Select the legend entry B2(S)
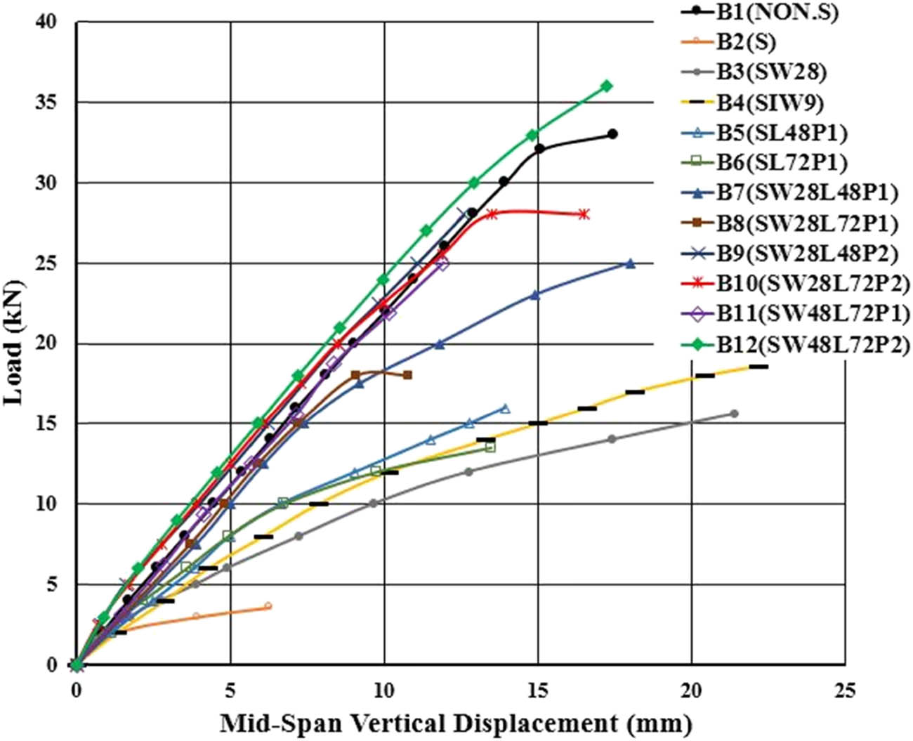tap(746, 42)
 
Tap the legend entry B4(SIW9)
tap(770, 103)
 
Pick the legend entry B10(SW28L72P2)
tap(813, 284)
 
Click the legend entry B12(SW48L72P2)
tap(813, 344)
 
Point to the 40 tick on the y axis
tap(47, 22)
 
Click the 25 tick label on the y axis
tap(47, 263)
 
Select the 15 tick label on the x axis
tap(538, 691)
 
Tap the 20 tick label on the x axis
tap(692, 691)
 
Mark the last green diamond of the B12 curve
tap(607, 86)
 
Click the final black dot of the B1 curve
tap(612, 133)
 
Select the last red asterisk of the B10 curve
tap(584, 214)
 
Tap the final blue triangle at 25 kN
tap(630, 263)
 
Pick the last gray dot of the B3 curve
tap(735, 413)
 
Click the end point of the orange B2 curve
tap(268, 605)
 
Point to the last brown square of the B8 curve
tap(407, 375)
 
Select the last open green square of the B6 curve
tap(490, 447)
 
